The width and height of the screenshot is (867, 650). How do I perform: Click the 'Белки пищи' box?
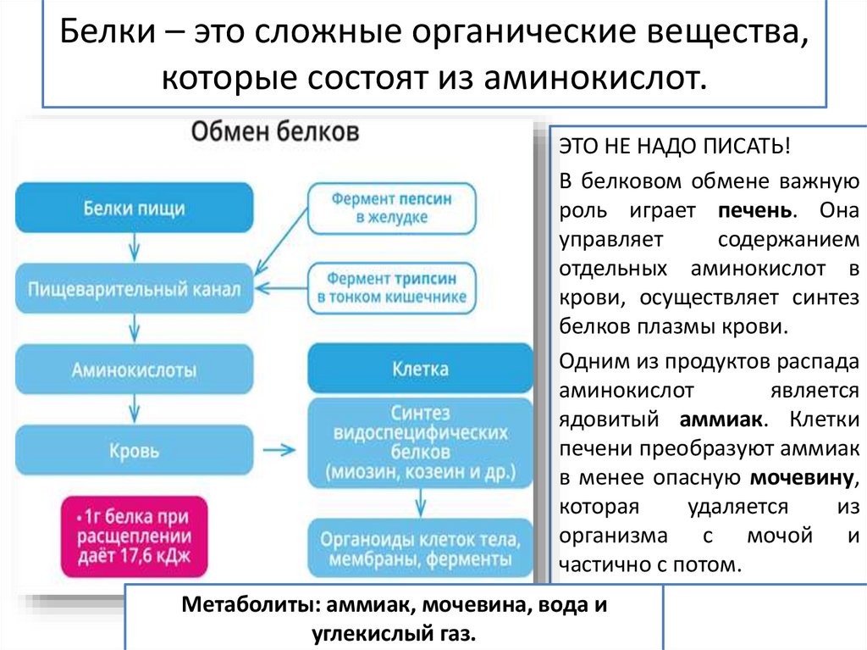click(134, 208)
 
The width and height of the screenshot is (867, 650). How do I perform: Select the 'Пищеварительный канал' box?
click(134, 289)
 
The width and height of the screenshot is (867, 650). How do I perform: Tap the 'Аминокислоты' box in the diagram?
click(134, 369)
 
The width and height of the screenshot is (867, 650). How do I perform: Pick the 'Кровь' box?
click(134, 450)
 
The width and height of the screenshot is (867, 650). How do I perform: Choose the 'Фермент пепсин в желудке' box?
click(390, 208)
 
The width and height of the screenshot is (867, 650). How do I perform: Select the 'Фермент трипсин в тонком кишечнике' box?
click(390, 289)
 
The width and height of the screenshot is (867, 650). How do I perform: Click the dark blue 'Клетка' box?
click(420, 369)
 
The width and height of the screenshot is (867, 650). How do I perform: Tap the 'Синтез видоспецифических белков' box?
click(420, 442)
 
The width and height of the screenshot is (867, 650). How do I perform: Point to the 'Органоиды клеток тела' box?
click(420, 548)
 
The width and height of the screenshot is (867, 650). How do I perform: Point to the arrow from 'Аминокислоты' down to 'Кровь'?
click(134, 410)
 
